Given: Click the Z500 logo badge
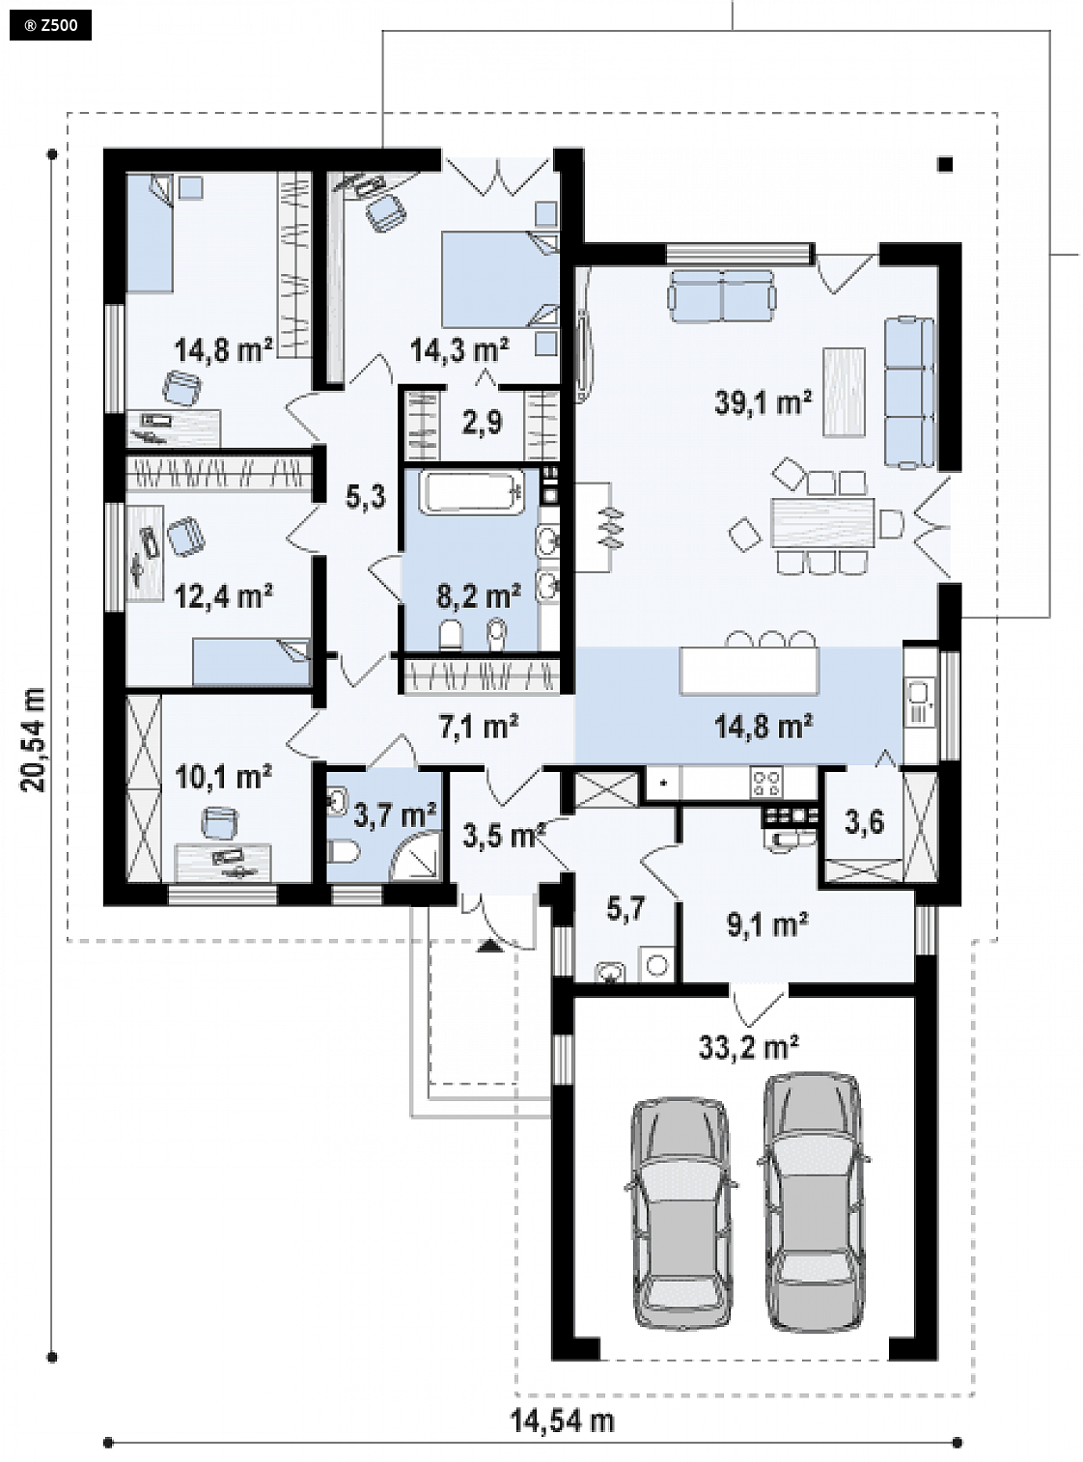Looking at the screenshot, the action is pos(51,26).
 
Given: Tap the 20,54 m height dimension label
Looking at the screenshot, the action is pos(34,739).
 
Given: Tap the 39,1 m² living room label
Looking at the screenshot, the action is pos(764,401).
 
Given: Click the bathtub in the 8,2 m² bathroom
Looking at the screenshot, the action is pos(475,492).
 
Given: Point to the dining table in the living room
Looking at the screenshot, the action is pos(823,522).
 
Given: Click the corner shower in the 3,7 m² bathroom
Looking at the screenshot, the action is pos(416,856).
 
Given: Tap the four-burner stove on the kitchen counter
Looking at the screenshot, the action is pos(766,783).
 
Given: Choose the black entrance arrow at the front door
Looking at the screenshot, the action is pos(489,947).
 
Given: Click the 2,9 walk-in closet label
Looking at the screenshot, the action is pos(483,422).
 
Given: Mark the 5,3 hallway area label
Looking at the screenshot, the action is pos(366,497).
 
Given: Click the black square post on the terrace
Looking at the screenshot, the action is pos(946,164).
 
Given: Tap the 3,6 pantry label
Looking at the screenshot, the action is pos(863,822).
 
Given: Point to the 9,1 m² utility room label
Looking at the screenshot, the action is pos(768,925).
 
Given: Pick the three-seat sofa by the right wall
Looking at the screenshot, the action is pos(909,393).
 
